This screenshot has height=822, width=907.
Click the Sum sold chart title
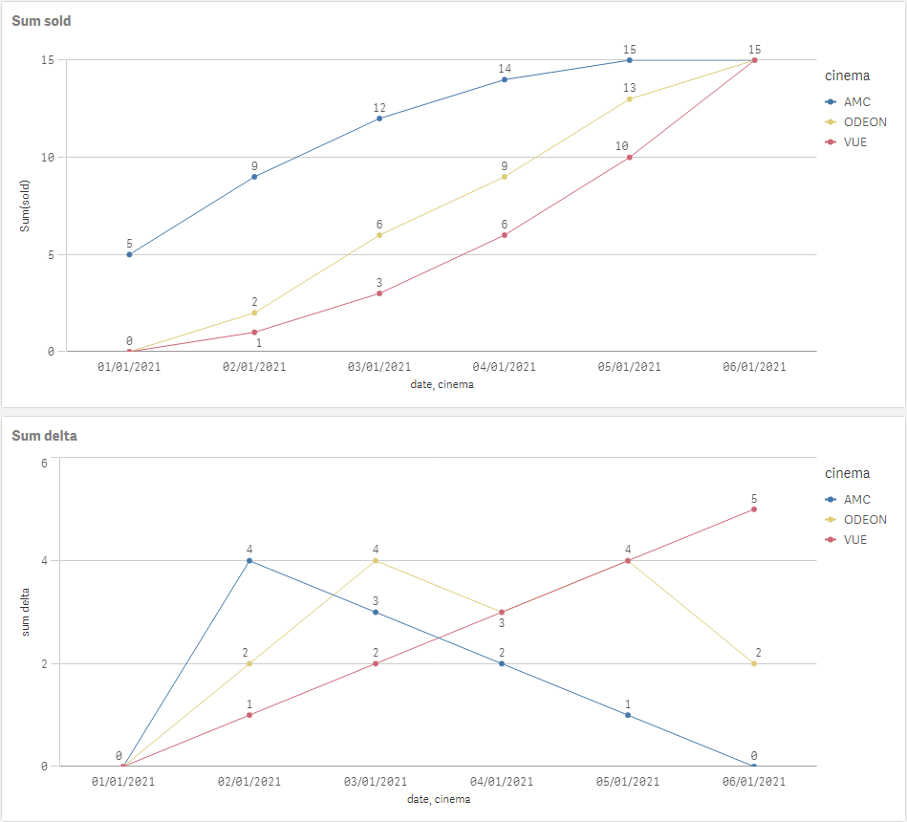coord(41,21)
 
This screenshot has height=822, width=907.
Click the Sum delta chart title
coord(44,436)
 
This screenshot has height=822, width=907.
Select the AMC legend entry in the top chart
coord(857,101)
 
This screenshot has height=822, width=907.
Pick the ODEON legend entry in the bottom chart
coord(864,520)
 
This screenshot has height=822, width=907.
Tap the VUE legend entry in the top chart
coord(855,142)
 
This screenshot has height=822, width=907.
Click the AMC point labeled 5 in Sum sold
coord(129,254)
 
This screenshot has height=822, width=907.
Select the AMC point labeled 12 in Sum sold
coord(379,119)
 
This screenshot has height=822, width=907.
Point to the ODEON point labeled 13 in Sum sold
coord(630,99)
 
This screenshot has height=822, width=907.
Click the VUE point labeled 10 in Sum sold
coord(630,158)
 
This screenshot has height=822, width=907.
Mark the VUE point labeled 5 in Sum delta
coord(754,509)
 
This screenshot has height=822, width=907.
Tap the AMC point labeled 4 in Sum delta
coord(249,561)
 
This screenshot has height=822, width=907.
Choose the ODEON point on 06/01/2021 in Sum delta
coord(754,663)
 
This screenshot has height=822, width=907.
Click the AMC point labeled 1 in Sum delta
coord(628,715)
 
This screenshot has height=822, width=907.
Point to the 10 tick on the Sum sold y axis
coord(47,158)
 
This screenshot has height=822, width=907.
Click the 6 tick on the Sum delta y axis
coord(44,464)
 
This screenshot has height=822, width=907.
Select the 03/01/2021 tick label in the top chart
coord(379,367)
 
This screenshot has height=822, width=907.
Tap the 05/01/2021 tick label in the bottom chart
coord(628,782)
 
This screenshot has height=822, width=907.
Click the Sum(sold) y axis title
coord(26,205)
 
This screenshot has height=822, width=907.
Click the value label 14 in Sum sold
coord(505,69)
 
